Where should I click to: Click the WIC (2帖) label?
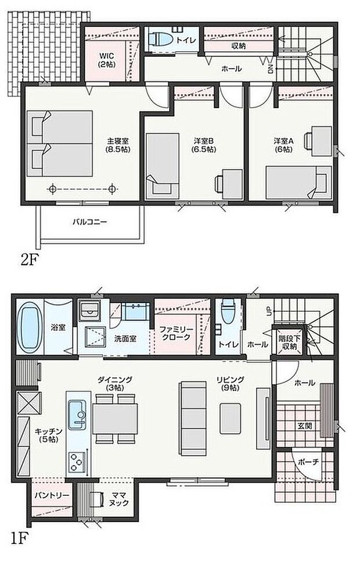click(106, 60)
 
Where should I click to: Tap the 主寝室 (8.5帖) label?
click(118, 145)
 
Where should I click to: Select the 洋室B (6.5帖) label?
click(204, 145)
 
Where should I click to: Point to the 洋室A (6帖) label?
click(283, 145)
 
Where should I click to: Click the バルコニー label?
click(90, 221)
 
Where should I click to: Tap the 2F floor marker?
click(31, 260)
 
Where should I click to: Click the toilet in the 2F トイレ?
click(159, 39)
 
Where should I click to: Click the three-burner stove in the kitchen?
click(77, 462)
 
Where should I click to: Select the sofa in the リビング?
click(191, 418)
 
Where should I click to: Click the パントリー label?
click(52, 495)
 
